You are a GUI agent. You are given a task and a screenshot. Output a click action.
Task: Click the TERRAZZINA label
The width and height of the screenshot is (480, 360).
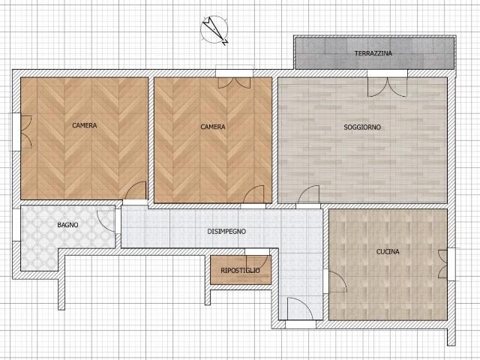point(373,53)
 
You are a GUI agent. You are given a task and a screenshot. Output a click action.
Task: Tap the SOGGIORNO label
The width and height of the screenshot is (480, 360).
point(362,127)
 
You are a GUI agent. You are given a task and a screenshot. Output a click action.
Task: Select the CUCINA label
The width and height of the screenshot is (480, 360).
point(388,252)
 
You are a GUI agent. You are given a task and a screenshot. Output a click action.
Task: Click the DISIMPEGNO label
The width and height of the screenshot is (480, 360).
point(226,232)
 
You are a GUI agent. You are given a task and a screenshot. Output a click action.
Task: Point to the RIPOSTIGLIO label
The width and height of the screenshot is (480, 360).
point(240,271)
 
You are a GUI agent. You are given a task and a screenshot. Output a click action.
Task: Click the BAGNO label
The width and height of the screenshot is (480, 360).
point(67,225)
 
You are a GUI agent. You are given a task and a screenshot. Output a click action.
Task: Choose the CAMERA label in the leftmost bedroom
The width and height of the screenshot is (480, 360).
point(85,125)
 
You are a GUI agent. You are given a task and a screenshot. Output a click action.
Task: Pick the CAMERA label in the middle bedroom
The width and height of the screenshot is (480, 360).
point(213,127)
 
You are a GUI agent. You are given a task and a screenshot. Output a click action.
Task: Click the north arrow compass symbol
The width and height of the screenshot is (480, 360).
point(214,30)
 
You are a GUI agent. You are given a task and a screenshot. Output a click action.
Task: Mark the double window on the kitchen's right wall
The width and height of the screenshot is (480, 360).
point(442,264)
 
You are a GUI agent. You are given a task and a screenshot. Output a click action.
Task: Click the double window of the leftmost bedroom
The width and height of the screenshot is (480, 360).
point(26,132)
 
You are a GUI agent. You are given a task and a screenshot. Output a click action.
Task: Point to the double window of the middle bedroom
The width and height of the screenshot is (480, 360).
point(234,83)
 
